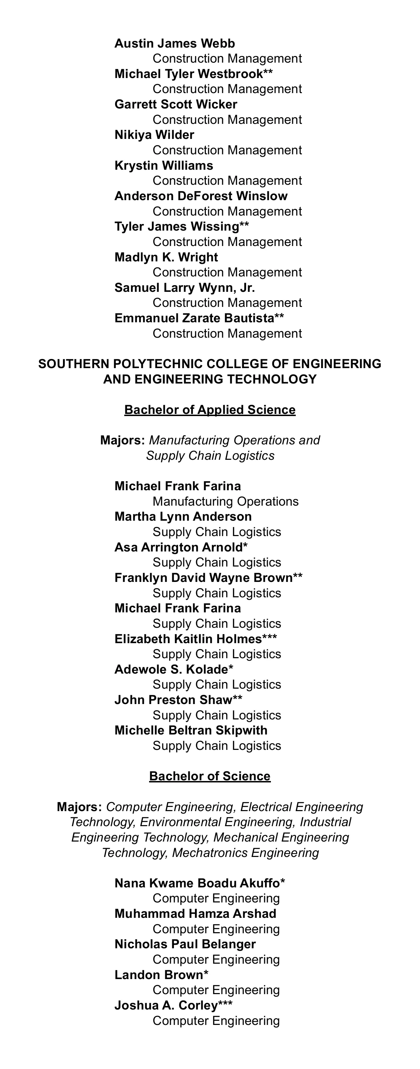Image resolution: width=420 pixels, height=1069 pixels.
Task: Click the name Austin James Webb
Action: coord(174,44)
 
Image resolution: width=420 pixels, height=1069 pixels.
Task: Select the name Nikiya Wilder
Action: coord(154,135)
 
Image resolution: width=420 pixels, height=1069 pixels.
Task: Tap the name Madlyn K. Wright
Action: coord(166,257)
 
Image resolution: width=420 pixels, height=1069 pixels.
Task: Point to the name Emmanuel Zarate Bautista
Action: coord(194,318)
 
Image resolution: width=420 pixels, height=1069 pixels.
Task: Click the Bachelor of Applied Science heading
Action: coord(210,410)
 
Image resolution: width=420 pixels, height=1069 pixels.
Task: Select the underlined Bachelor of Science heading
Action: coord(210,776)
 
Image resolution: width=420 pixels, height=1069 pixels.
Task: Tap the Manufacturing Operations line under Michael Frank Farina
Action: coord(225,501)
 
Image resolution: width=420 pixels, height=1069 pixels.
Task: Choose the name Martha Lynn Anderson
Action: coord(183,517)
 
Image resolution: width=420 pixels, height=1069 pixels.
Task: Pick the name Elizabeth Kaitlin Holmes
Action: coord(188,639)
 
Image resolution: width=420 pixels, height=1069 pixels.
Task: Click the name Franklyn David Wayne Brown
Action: coord(203,578)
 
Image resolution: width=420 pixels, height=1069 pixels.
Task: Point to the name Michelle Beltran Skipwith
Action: coord(191,730)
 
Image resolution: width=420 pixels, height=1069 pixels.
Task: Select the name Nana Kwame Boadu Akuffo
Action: coord(197,883)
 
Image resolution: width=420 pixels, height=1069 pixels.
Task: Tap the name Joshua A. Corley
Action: coord(166,1006)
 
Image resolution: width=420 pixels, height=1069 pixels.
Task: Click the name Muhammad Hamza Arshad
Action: coord(195,914)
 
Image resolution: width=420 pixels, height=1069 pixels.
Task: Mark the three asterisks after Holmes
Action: coord(269,638)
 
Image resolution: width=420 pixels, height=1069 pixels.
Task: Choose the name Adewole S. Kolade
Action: coord(171,669)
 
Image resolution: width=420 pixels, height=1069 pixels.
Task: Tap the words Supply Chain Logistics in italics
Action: coord(210,456)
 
